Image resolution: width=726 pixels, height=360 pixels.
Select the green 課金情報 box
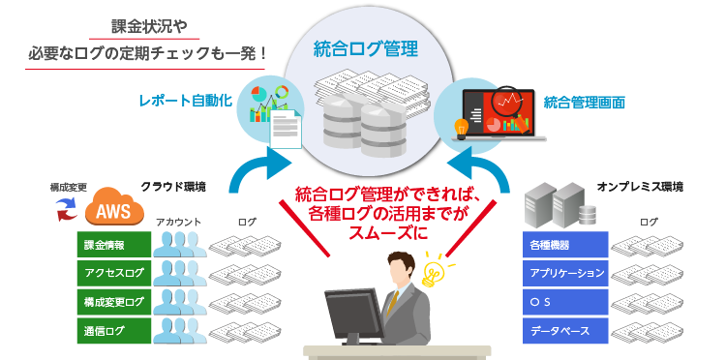[114, 245]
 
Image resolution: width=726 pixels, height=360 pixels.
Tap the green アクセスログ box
[114, 273]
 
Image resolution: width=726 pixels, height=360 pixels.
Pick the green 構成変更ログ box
[114, 302]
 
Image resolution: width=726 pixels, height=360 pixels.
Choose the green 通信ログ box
[114, 331]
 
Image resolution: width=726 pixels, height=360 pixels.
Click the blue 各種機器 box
[564, 245]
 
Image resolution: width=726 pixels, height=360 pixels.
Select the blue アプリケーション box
[564, 273]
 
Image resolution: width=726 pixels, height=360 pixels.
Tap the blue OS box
[564, 302]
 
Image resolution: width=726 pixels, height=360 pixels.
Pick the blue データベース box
[564, 331]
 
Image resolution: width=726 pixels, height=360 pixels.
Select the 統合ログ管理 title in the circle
[365, 49]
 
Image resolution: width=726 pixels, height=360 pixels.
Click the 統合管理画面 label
[584, 101]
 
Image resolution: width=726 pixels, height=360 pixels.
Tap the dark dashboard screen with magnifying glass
[496, 112]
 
